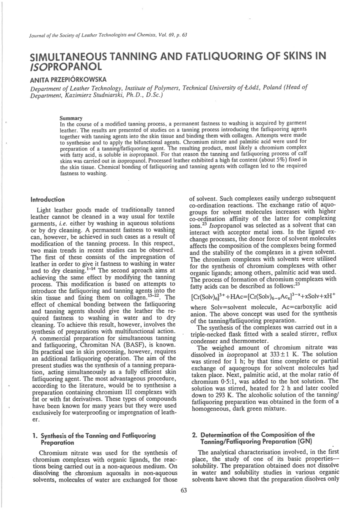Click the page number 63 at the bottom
[x=183, y=490]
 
